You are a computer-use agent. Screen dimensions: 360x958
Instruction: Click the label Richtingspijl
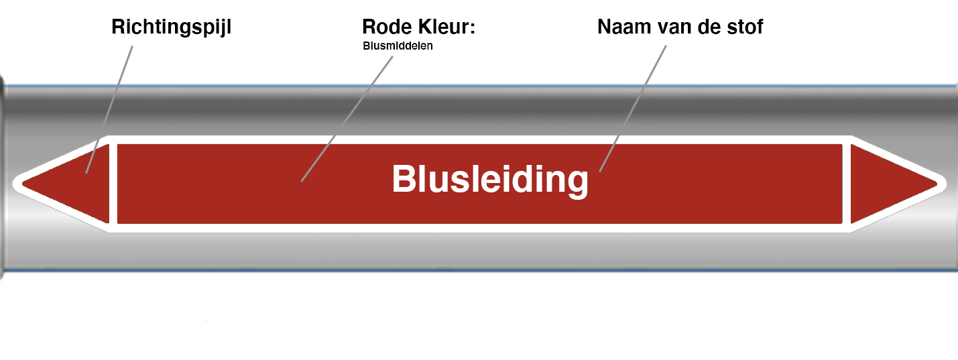click(171, 27)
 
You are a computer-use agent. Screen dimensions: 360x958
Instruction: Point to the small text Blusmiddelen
click(398, 47)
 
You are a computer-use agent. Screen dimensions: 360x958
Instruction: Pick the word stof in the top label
click(744, 27)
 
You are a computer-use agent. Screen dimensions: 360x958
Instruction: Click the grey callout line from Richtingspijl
click(111, 107)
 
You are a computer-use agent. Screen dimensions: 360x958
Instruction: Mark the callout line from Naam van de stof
click(634, 107)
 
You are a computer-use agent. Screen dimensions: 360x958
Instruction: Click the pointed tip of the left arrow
click(21, 182)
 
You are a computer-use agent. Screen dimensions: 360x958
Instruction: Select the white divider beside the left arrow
click(113, 183)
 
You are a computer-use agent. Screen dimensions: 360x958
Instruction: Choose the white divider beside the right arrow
click(847, 183)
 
